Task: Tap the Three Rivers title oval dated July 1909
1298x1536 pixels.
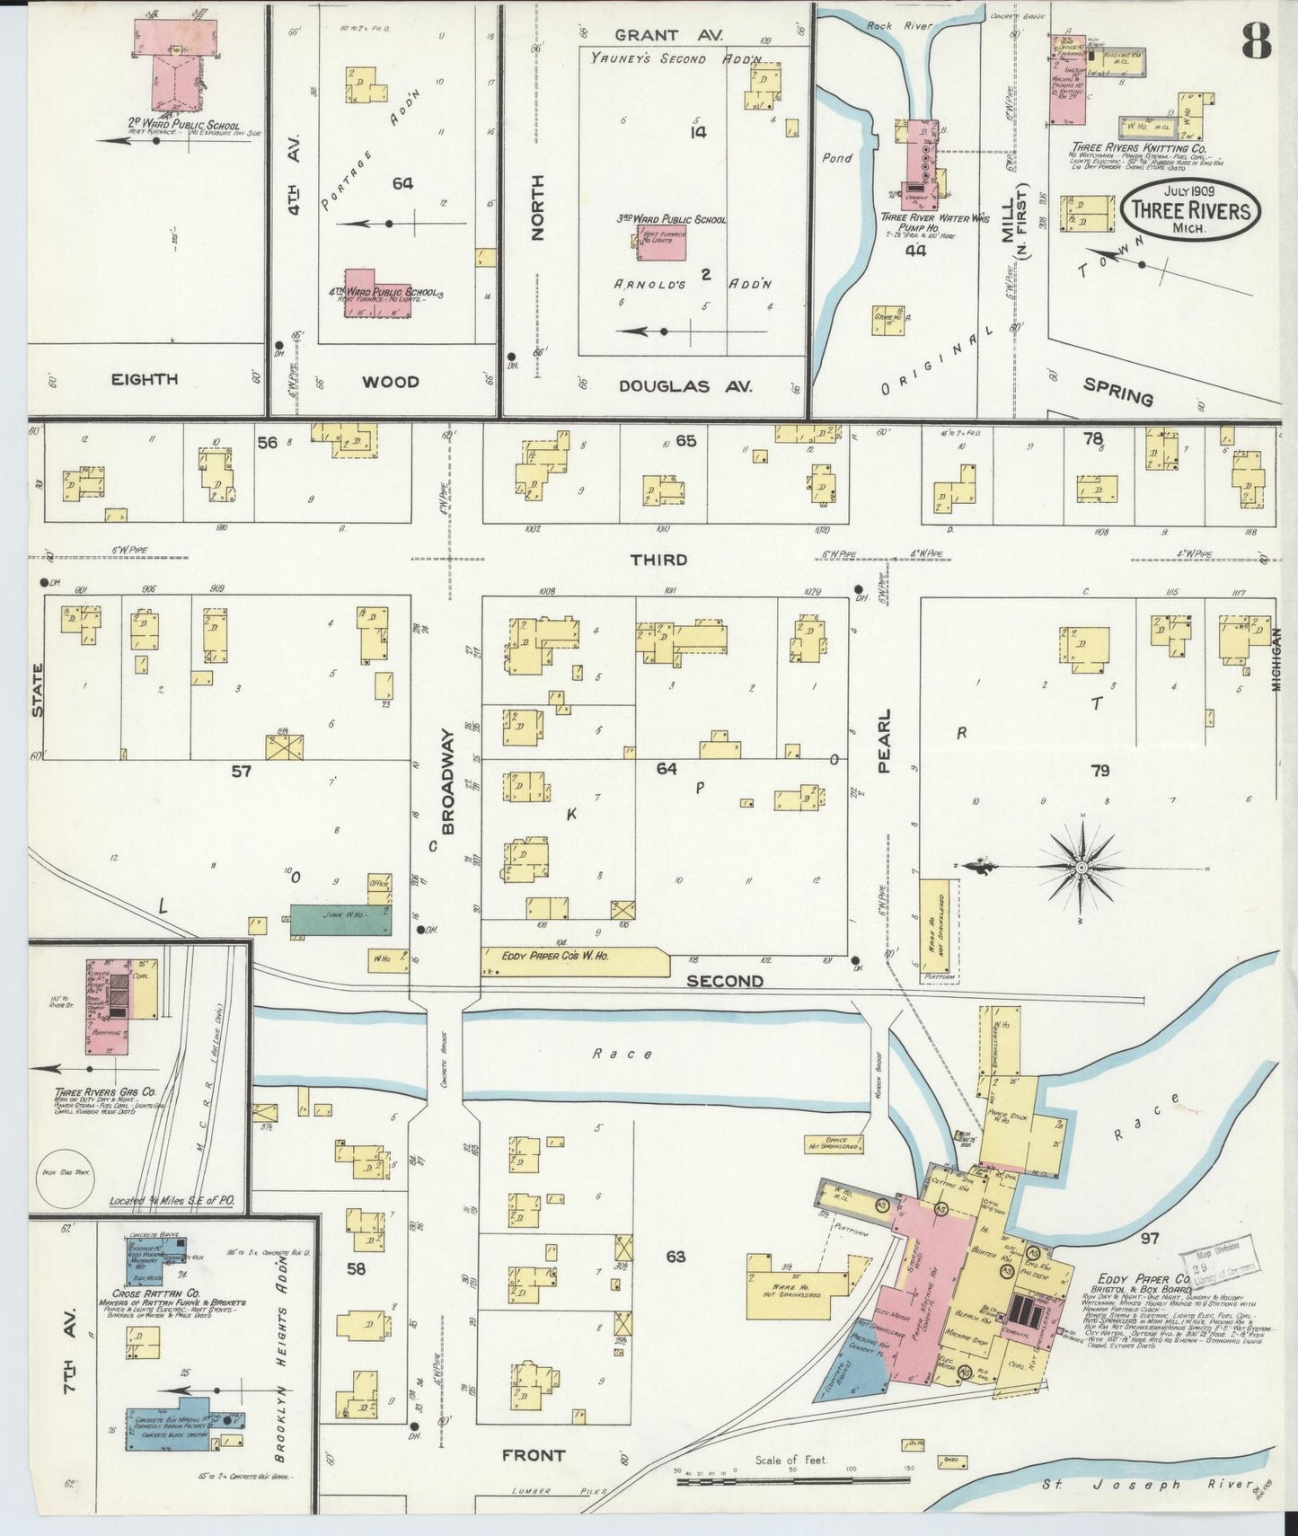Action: pyautogui.click(x=1190, y=209)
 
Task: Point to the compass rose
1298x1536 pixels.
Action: pyautogui.click(x=1082, y=867)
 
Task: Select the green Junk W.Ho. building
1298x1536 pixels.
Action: pyautogui.click(x=340, y=922)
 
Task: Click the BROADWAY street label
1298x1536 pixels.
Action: pyautogui.click(x=447, y=781)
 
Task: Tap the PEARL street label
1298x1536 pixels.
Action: pyautogui.click(x=884, y=740)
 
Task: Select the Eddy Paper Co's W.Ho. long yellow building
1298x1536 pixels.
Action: pyautogui.click(x=573, y=960)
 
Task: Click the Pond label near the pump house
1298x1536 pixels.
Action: pyautogui.click(x=837, y=158)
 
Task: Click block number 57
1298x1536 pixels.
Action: pyautogui.click(x=241, y=770)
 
